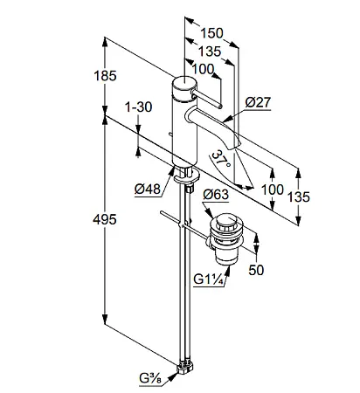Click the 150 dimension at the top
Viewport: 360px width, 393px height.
211,33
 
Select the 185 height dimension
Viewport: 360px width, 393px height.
105,76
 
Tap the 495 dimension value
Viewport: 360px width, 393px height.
105,219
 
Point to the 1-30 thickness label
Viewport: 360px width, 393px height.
138,107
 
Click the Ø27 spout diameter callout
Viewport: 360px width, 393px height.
258,102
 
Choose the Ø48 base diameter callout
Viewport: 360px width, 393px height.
148,190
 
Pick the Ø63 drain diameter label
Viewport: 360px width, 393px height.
216,194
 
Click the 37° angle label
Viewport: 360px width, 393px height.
222,159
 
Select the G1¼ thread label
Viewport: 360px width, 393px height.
209,279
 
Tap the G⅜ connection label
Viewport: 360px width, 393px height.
150,379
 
